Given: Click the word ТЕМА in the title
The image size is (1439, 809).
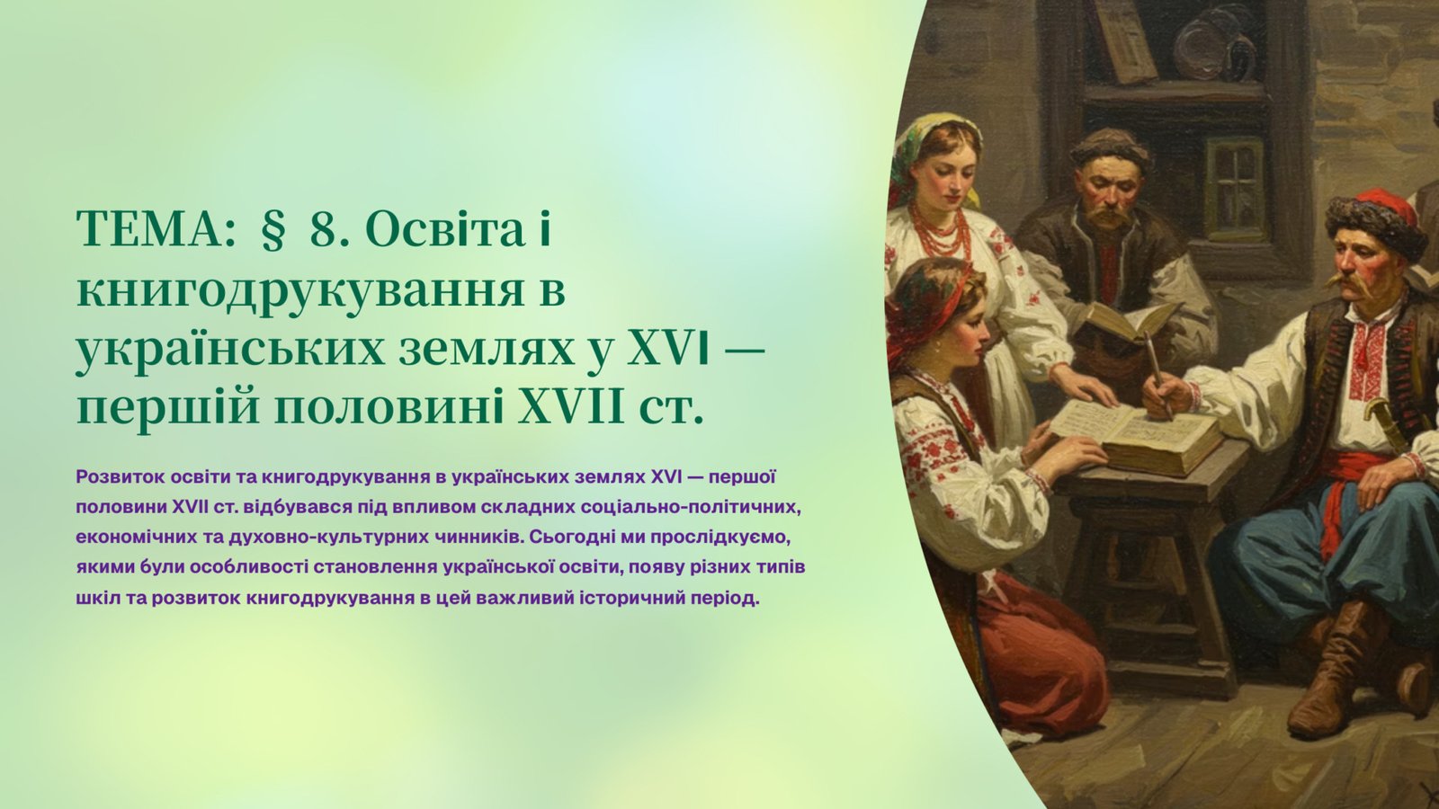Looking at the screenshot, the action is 154,229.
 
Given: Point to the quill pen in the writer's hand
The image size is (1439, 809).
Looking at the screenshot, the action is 1159,373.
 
